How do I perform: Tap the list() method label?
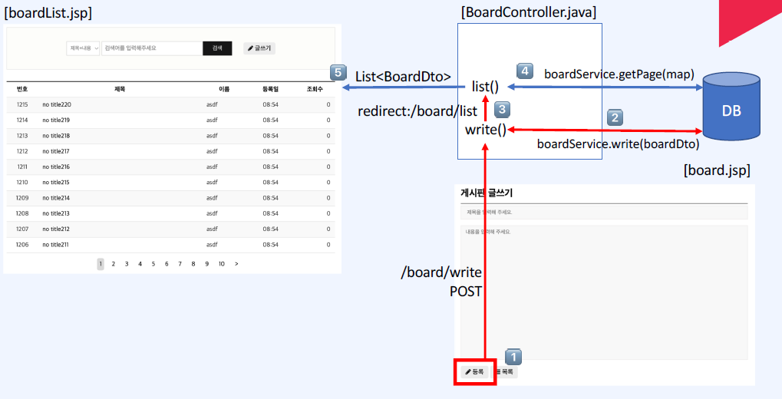point(485,86)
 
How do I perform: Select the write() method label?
point(485,129)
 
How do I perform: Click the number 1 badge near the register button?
point(514,357)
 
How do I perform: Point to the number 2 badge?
point(615,117)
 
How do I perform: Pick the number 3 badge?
point(502,109)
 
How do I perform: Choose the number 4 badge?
point(524,71)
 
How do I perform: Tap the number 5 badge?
point(337,72)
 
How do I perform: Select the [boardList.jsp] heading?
point(48,13)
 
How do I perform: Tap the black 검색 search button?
point(217,48)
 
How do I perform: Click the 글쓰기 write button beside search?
point(259,48)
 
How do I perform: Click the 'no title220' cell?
point(57,104)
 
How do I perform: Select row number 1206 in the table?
point(22,244)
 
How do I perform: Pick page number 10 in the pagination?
point(221,264)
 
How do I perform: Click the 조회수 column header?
point(315,89)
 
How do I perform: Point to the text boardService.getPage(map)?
point(619,74)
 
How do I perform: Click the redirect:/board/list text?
point(417,112)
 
